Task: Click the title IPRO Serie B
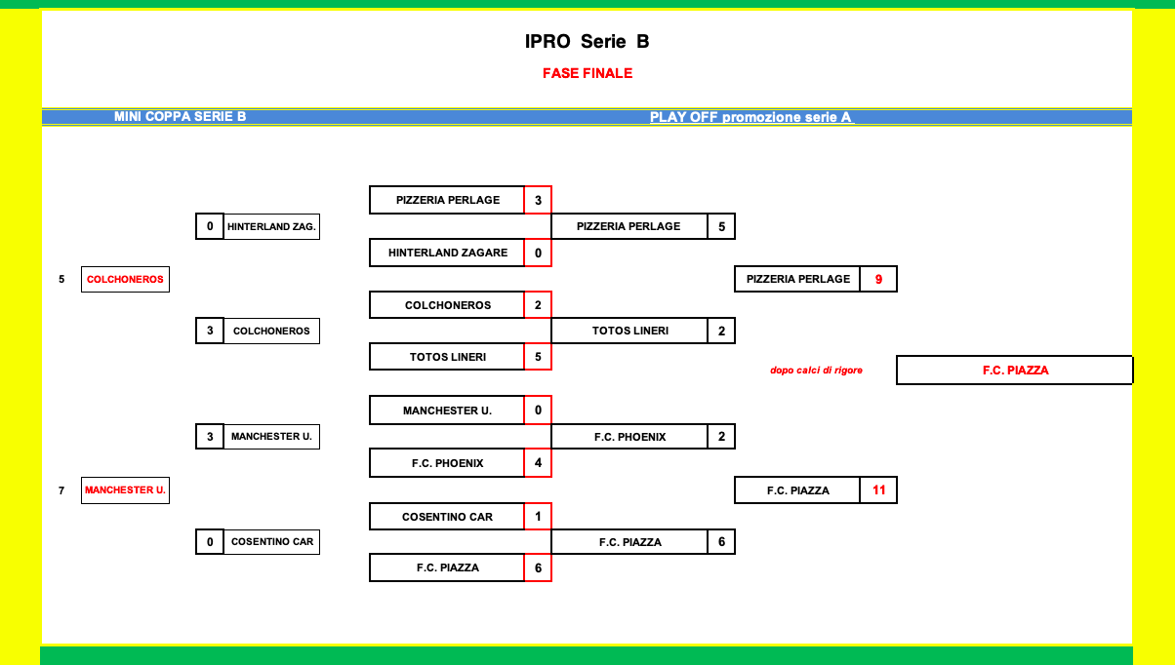pyautogui.click(x=587, y=42)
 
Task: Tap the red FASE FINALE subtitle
pyautogui.click(x=588, y=73)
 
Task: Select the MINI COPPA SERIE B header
pyautogui.click(x=180, y=117)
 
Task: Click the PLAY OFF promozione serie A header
pyautogui.click(x=750, y=117)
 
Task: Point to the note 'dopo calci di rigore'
pyautogui.click(x=816, y=371)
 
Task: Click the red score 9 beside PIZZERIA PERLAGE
pyautogui.click(x=878, y=279)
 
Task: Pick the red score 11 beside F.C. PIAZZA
pyautogui.click(x=878, y=490)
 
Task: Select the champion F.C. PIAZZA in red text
pyautogui.click(x=1015, y=371)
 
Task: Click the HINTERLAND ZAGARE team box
pyautogui.click(x=447, y=253)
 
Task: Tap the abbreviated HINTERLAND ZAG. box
pyautogui.click(x=271, y=226)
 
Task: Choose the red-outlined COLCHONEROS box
pyautogui.click(x=125, y=279)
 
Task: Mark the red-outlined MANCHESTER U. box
pyautogui.click(x=125, y=490)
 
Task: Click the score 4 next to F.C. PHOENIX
pyautogui.click(x=538, y=463)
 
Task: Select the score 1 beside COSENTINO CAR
pyautogui.click(x=538, y=516)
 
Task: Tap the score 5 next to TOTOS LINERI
pyautogui.click(x=538, y=357)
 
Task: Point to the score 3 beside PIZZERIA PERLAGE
pyautogui.click(x=538, y=200)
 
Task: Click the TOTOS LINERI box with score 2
pyautogui.click(x=629, y=331)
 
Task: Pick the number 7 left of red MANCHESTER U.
pyautogui.click(x=61, y=490)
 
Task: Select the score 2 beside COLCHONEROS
pyautogui.click(x=538, y=305)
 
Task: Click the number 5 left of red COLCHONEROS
pyautogui.click(x=61, y=279)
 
